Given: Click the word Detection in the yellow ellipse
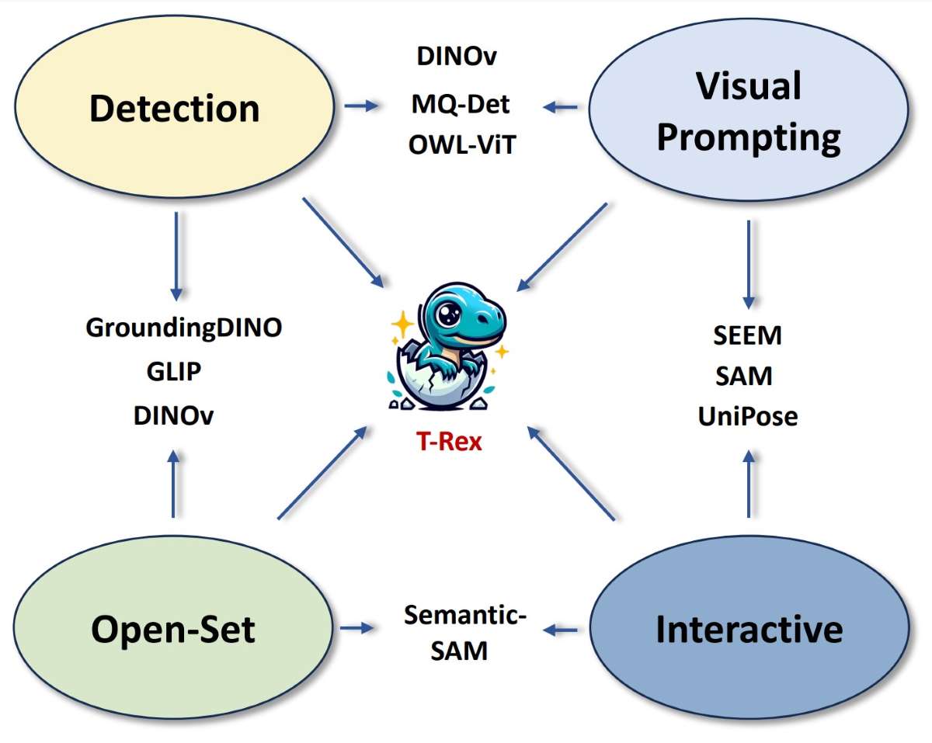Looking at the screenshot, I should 174,108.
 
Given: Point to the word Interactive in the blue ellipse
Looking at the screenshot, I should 749,628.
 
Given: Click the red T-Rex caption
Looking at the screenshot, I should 447,443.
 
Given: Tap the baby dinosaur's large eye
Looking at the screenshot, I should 449,314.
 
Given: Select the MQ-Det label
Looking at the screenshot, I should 461,103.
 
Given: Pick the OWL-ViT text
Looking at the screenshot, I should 461,145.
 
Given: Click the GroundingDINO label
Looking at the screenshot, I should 183,327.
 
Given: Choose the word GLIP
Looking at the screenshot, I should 174,371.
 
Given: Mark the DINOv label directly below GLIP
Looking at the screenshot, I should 174,415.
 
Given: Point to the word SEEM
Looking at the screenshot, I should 747,335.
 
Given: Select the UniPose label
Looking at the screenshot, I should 747,416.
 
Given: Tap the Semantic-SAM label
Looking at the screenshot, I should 464,633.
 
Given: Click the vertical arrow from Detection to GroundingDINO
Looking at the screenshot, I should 176,256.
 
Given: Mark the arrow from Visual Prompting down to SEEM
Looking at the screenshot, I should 749,264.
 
